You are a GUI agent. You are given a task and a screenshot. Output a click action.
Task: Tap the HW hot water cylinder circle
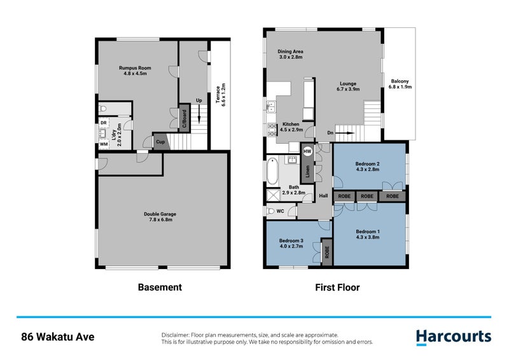307,151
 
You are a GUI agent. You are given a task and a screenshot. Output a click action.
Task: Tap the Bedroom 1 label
367,234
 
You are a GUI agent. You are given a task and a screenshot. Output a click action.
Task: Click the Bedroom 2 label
367,167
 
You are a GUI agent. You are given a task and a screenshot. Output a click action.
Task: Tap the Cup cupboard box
161,142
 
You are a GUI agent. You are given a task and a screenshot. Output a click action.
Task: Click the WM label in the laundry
103,144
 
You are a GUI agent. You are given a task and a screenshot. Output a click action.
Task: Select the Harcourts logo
453,337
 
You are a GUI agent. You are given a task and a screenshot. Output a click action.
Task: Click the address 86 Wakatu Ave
57,337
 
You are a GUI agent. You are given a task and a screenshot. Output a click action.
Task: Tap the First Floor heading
337,287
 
